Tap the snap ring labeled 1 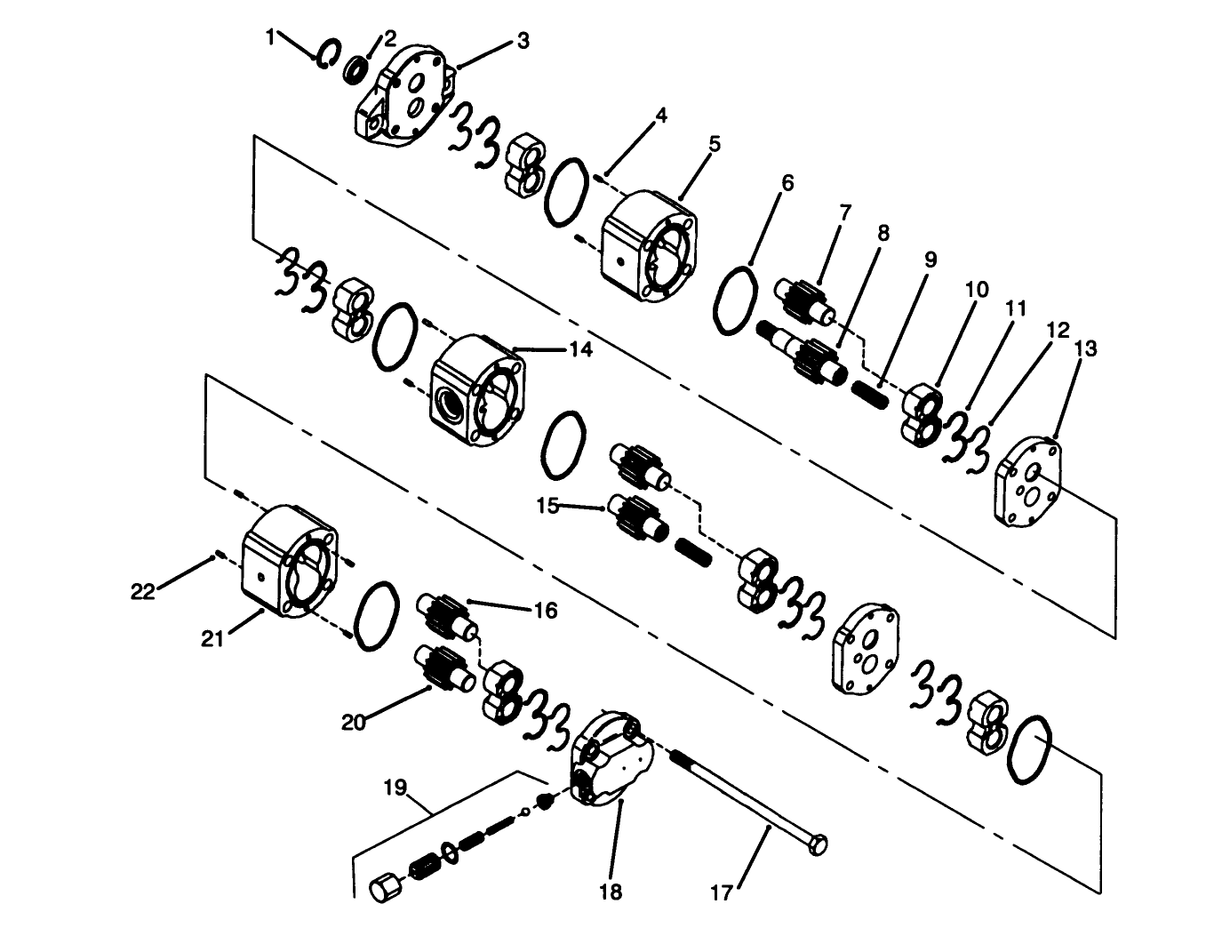tap(326, 53)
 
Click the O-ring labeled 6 tap(734, 300)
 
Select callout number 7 tap(844, 212)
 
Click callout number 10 tap(977, 290)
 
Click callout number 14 tap(580, 349)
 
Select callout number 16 tap(545, 610)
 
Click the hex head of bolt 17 tap(818, 842)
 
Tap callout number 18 tap(611, 892)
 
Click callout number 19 tap(395, 788)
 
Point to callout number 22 tap(142, 591)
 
